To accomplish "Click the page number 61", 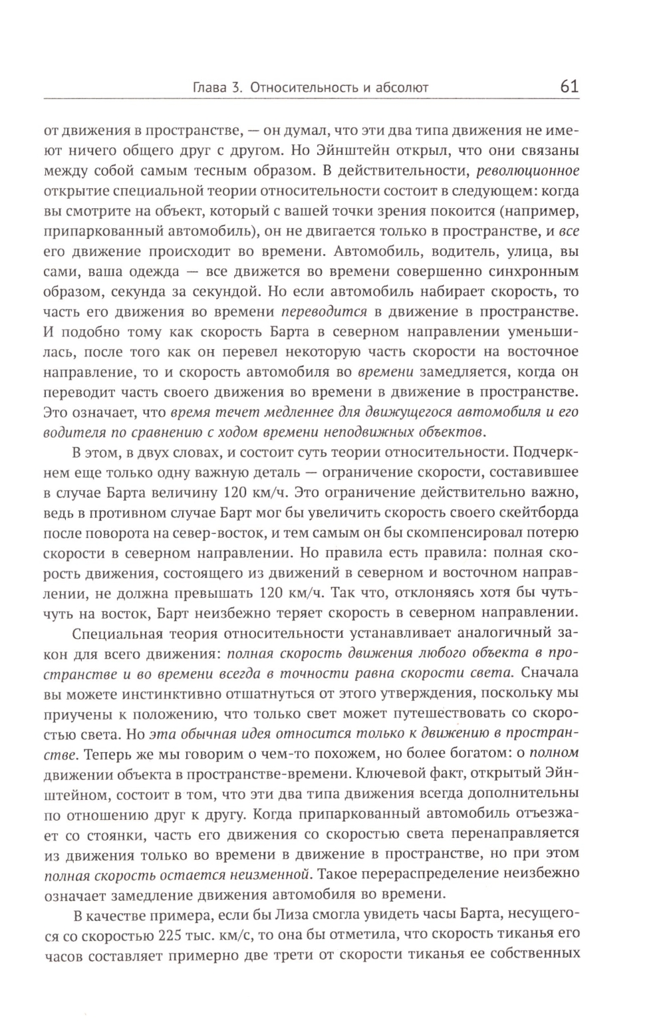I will [570, 86].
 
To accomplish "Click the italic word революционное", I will [529, 170].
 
